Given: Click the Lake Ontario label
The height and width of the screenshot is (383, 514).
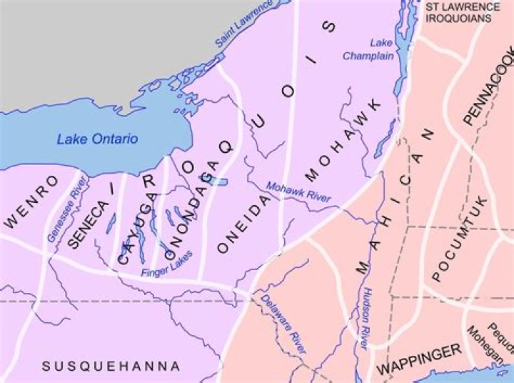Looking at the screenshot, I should [x=97, y=139].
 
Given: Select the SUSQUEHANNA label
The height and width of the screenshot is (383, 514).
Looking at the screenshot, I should [x=111, y=367].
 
